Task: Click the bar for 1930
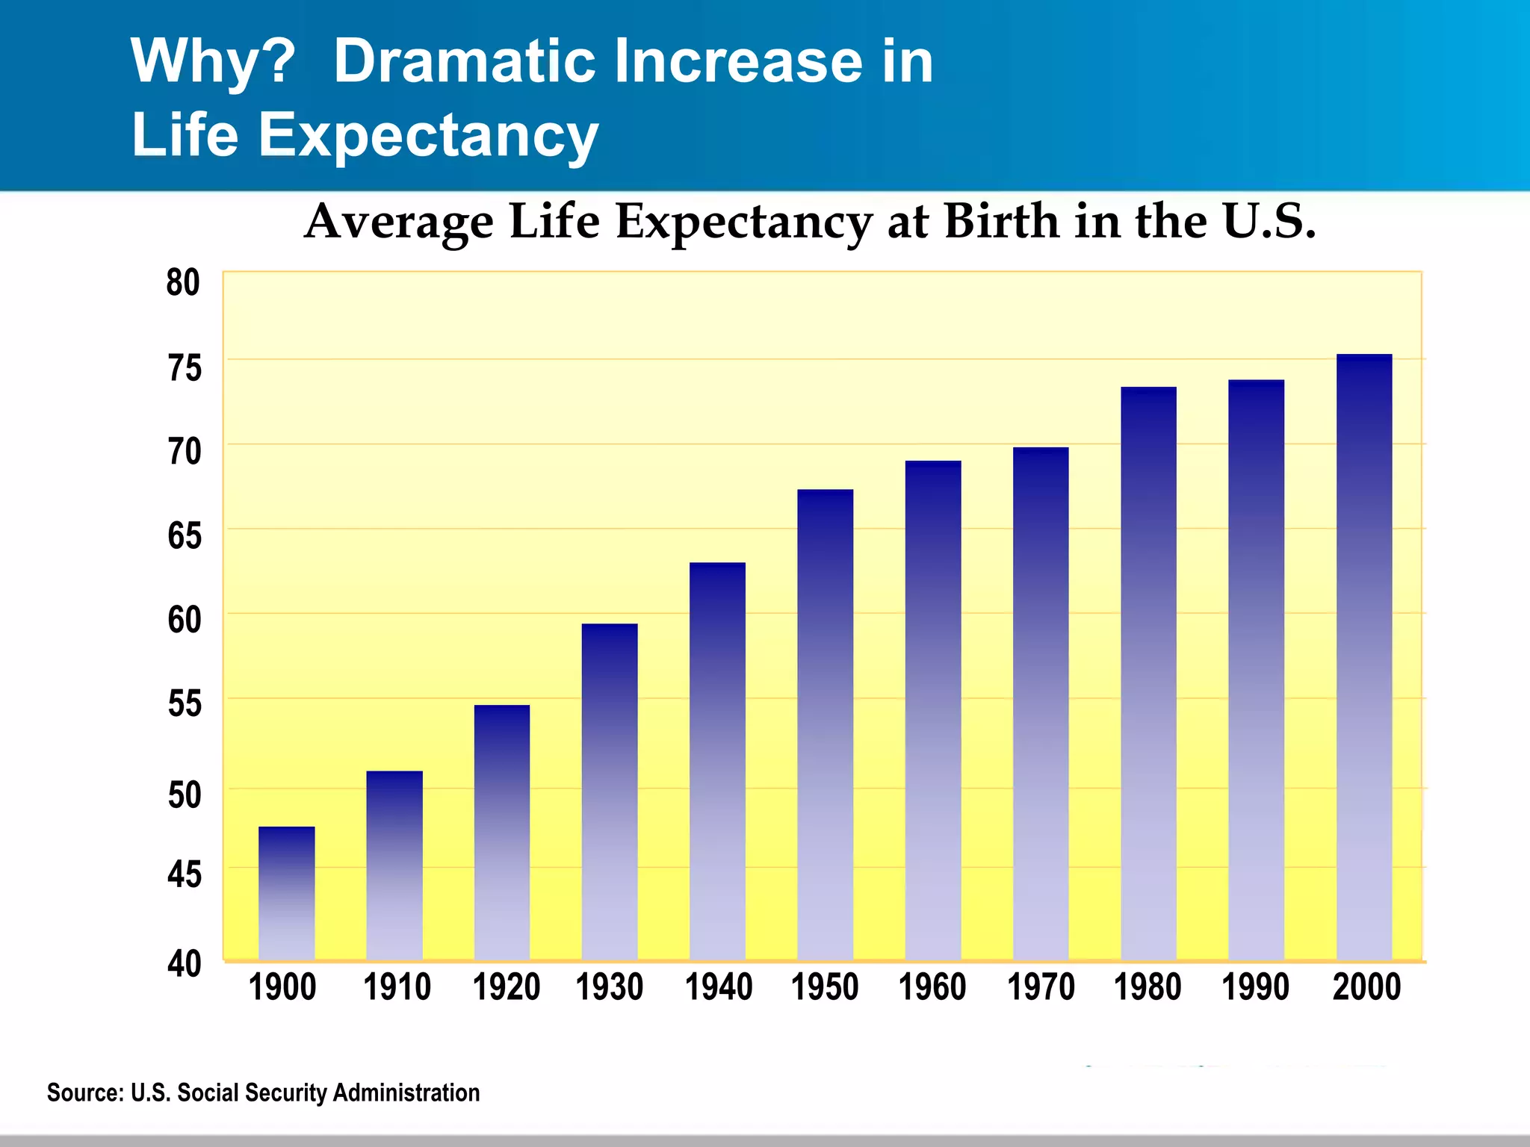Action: pyautogui.click(x=610, y=792)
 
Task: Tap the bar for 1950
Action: pyautogui.click(x=825, y=724)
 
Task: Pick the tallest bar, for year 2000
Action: pyautogui.click(x=1364, y=657)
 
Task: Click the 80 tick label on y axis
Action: pyautogui.click(x=183, y=283)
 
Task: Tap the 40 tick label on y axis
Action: pyautogui.click(x=184, y=964)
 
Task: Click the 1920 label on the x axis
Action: pyautogui.click(x=506, y=987)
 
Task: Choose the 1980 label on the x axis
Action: pyautogui.click(x=1147, y=987)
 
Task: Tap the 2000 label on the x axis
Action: pyautogui.click(x=1366, y=987)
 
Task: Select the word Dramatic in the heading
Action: pyautogui.click(x=464, y=61)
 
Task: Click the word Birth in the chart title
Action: pyautogui.click(x=1002, y=222)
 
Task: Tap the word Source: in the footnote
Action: pyautogui.click(x=84, y=1092)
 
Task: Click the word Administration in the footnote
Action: pyautogui.click(x=406, y=1092)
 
